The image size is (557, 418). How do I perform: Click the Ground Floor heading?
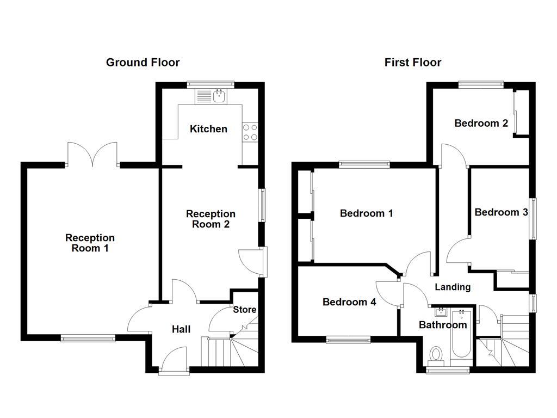(x=143, y=63)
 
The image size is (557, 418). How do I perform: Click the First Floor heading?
(x=413, y=63)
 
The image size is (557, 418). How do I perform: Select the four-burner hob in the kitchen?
(x=250, y=131)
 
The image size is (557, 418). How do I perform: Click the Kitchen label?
(x=208, y=129)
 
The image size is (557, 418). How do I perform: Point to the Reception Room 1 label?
(x=90, y=243)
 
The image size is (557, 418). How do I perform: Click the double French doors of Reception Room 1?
(x=92, y=155)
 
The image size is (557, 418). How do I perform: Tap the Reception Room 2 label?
(x=211, y=219)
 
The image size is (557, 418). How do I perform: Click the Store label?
(x=244, y=310)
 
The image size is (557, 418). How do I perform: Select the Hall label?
(x=181, y=329)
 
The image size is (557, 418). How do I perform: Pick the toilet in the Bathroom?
(x=436, y=355)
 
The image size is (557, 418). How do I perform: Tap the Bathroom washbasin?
(x=441, y=312)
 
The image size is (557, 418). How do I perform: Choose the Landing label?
(x=453, y=287)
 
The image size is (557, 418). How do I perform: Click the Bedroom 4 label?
(x=349, y=302)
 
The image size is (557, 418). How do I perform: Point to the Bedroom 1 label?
(x=366, y=213)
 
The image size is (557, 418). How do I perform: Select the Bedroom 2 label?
(x=481, y=124)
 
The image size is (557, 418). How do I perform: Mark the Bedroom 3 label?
(x=501, y=212)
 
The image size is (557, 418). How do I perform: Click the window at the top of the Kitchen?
(x=211, y=84)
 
